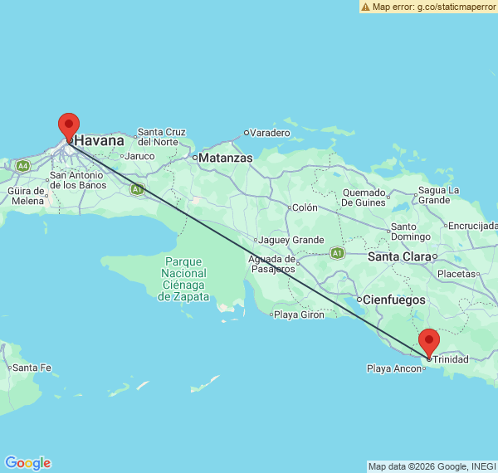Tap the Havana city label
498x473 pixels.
point(100,141)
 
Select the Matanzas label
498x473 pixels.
point(225,157)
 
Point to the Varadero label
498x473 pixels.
point(271,133)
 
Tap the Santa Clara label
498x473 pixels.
point(399,256)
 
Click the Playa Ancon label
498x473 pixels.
point(394,368)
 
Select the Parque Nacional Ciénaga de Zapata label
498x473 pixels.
point(184,273)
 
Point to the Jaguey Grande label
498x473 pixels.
point(291,240)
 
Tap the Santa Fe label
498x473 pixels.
point(32,368)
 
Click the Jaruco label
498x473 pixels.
point(141,156)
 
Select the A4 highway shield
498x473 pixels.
point(22,166)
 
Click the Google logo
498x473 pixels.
point(27,463)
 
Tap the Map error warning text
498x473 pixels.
point(428,7)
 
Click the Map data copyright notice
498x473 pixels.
point(432,466)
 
